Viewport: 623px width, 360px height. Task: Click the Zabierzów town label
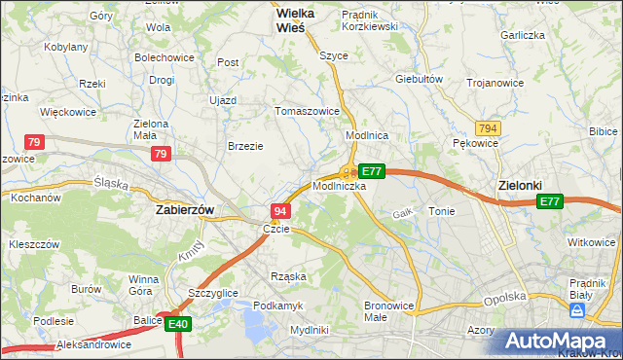[x=185, y=209]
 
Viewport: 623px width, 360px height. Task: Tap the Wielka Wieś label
[x=276, y=21]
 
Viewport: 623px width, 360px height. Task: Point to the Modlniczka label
[x=339, y=185]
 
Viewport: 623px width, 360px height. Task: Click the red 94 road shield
[x=280, y=211]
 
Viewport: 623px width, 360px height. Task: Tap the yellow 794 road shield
[x=488, y=127]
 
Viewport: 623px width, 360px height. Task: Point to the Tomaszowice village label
[x=309, y=111]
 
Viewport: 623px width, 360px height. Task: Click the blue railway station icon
[x=576, y=310]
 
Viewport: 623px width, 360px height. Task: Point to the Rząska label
[x=289, y=276]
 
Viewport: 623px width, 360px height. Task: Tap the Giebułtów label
[x=420, y=79]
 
